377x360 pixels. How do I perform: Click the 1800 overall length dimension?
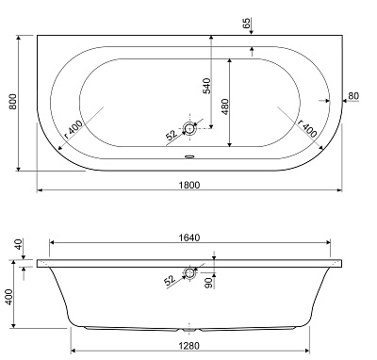tap(189, 185)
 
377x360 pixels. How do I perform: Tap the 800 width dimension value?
tap(13, 101)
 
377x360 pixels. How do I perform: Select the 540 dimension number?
tap(207, 86)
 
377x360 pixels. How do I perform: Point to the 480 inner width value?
tap(225, 106)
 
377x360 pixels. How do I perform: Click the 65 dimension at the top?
tap(247, 24)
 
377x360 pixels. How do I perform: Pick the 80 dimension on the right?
tap(353, 96)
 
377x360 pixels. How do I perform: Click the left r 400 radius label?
tap(74, 129)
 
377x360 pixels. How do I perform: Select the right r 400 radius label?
tap(307, 129)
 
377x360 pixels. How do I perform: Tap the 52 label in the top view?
tap(172, 135)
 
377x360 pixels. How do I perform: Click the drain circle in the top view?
tap(189, 128)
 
